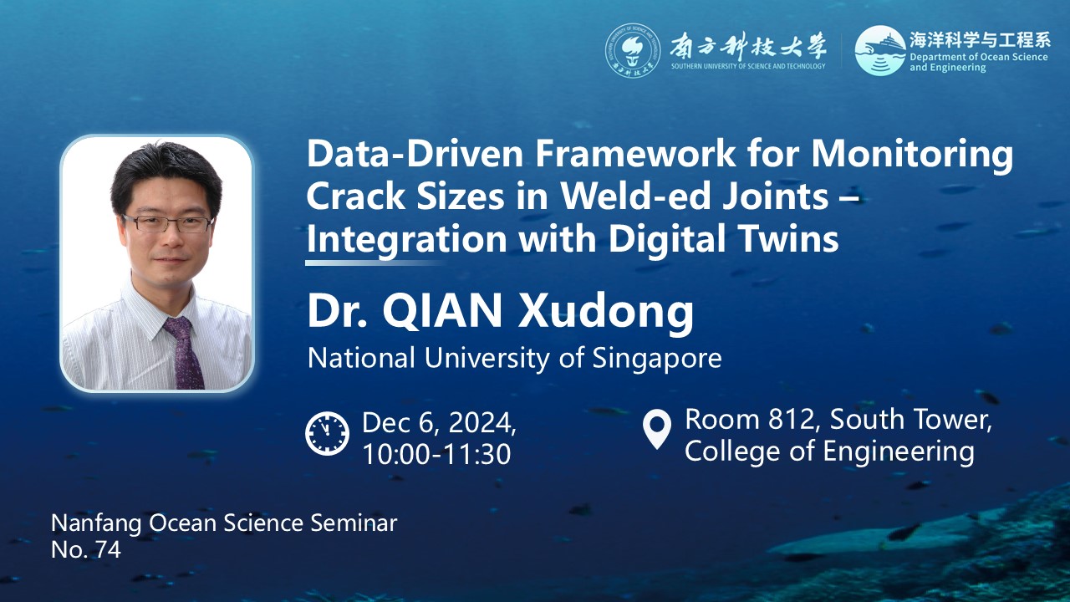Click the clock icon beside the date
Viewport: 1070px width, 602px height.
click(327, 433)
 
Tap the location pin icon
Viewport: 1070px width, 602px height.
click(657, 429)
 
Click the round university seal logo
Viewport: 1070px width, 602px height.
click(633, 51)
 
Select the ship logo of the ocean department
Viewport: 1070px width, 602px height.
click(880, 51)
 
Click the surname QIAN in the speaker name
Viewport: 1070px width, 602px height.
click(442, 312)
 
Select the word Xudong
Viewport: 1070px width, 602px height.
click(605, 312)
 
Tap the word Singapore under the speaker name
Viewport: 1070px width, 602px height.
click(657, 360)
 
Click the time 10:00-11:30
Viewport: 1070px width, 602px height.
click(436, 454)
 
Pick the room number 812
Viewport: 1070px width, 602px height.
click(791, 420)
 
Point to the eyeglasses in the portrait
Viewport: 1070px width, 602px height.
click(167, 223)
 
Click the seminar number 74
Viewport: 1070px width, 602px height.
click(109, 550)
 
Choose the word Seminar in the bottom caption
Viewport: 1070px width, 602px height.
click(354, 523)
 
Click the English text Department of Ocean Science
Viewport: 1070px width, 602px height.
click(978, 57)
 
